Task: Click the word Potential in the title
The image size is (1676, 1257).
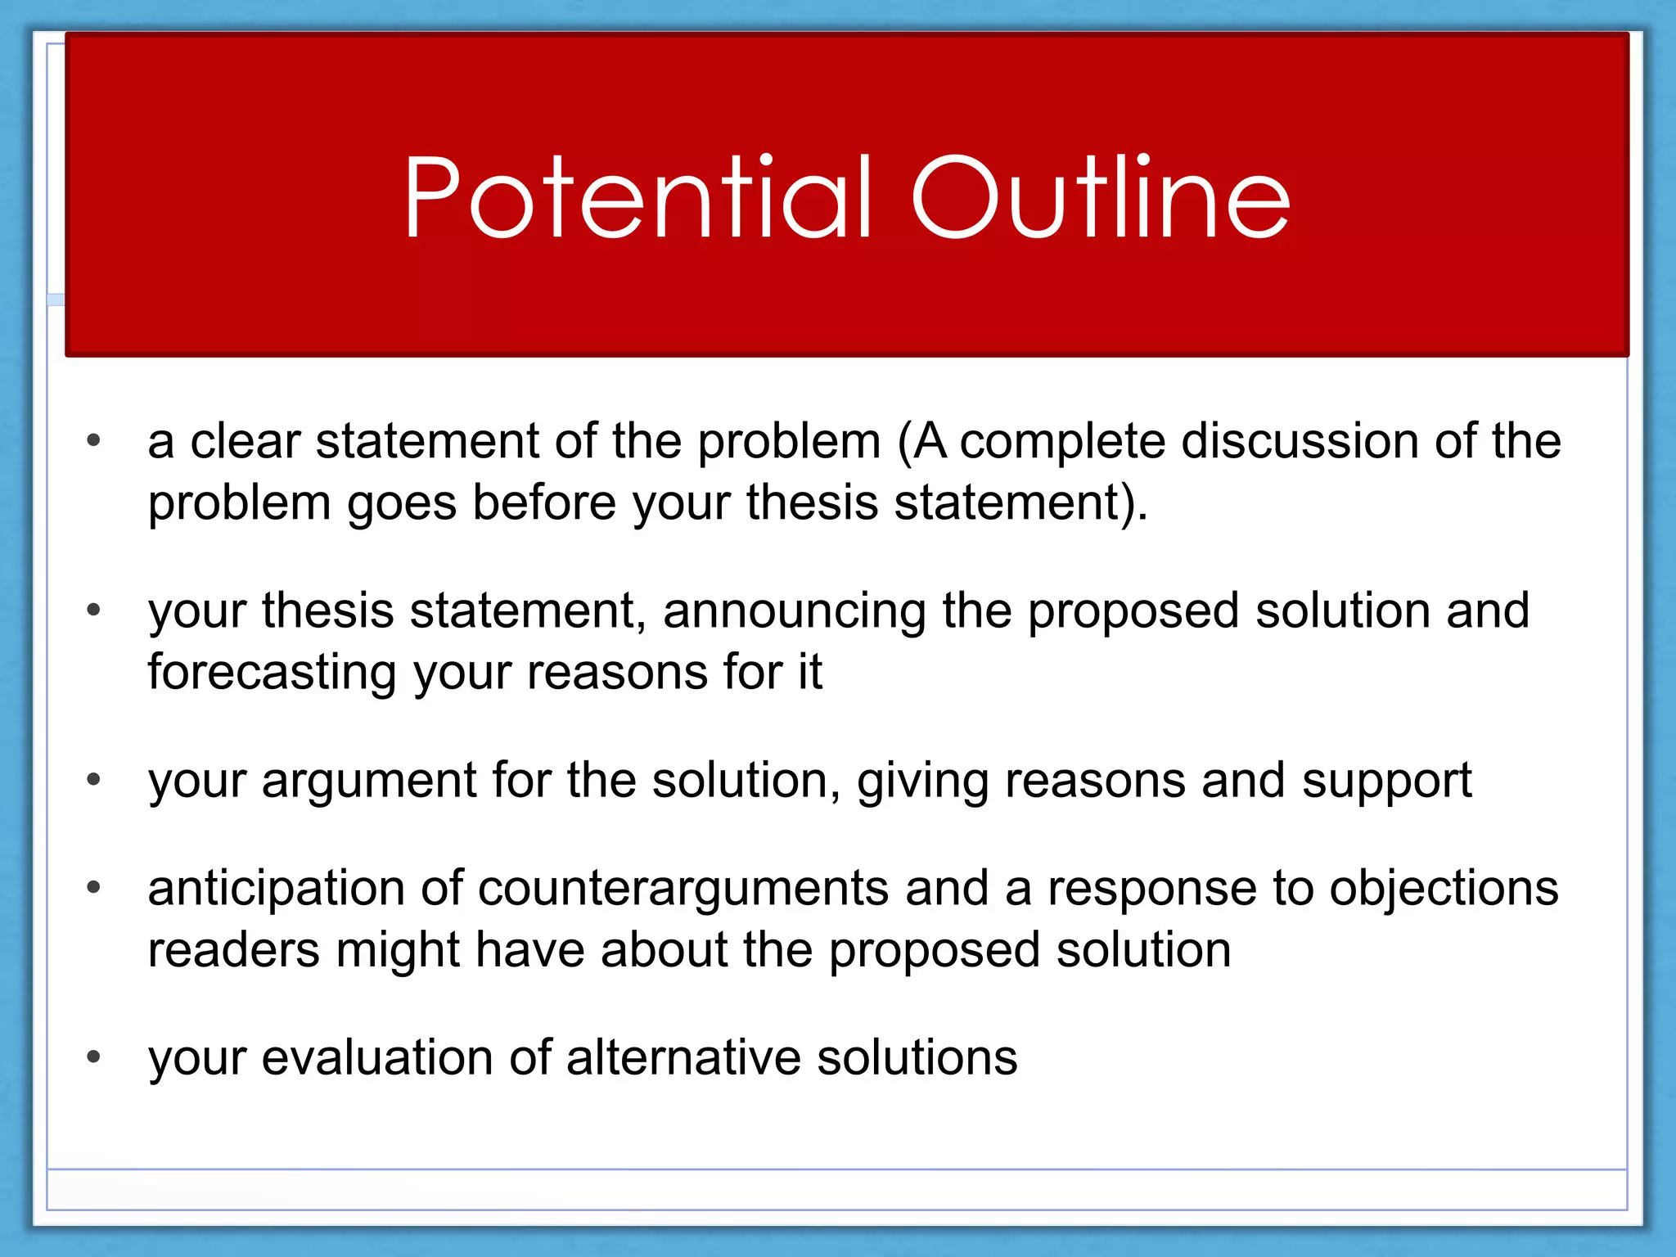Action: (638, 199)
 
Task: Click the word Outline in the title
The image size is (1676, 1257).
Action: (1101, 199)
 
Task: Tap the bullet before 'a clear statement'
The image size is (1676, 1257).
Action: (93, 440)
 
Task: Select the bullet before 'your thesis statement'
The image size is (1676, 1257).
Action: (93, 610)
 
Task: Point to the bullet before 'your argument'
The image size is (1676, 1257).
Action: (93, 779)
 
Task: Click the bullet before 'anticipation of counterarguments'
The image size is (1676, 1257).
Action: (93, 887)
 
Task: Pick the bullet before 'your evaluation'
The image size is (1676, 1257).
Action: (93, 1057)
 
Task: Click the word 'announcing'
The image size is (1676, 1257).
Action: (794, 612)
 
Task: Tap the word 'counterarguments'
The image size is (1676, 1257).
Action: (683, 890)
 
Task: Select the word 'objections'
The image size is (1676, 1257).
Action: (1444, 890)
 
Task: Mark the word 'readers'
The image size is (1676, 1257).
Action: (234, 951)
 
